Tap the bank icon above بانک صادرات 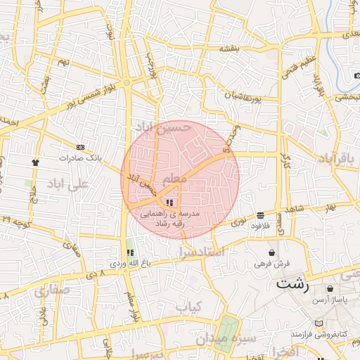point(80,147)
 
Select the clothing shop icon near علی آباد point(35,162)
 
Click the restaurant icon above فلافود point(261,215)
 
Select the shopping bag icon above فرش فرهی point(271,252)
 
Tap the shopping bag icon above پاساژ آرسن point(330,288)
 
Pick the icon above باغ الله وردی point(129,252)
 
